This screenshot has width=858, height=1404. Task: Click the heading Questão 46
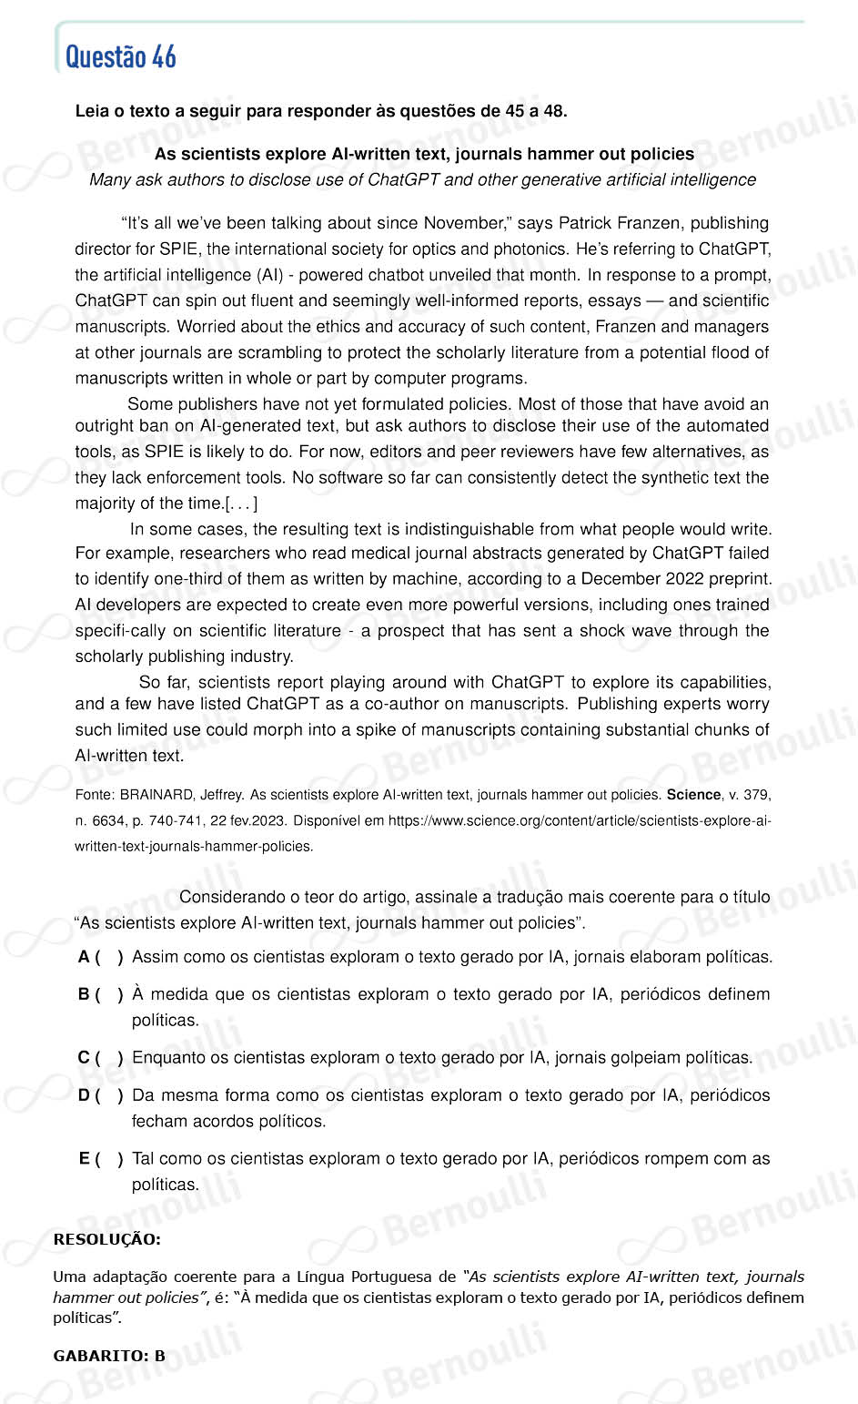point(120,56)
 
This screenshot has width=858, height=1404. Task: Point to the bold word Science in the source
point(693,795)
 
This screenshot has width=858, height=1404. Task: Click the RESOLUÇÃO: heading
point(106,1239)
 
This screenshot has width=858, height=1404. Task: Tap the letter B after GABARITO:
point(160,1356)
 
